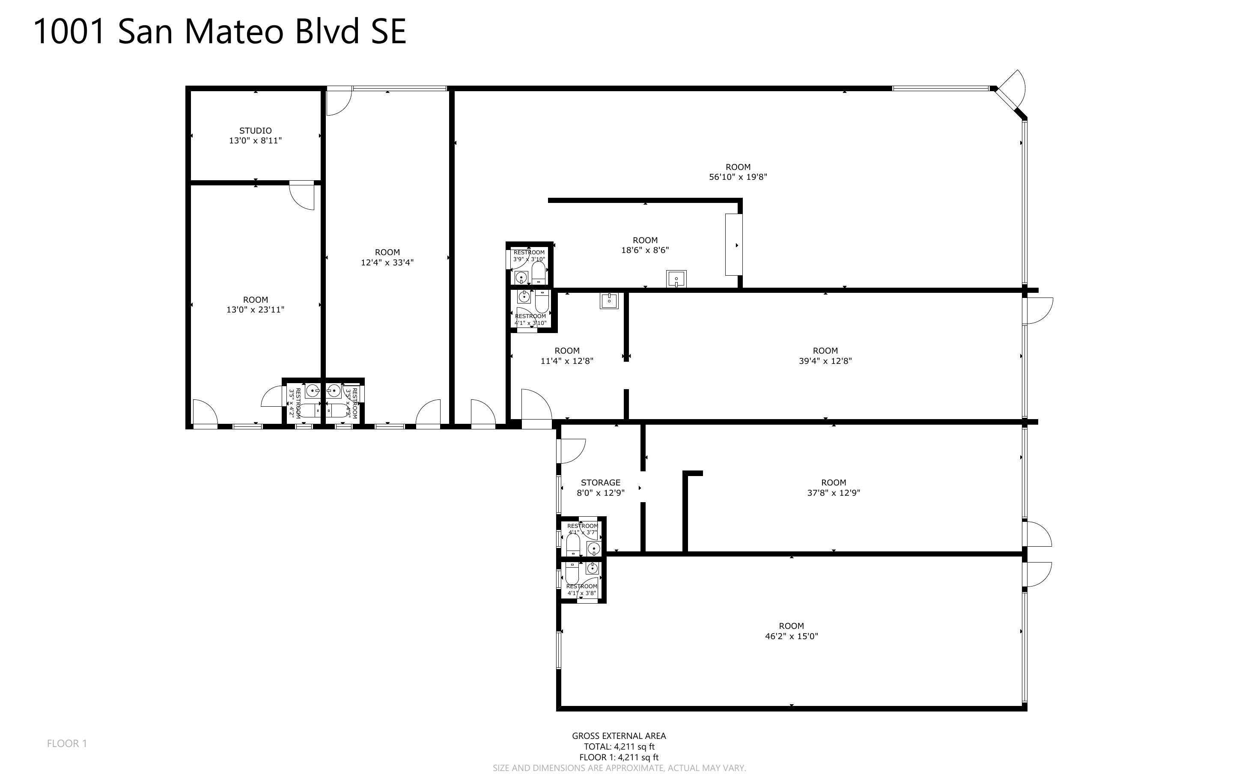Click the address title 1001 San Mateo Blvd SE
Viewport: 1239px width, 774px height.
click(220, 32)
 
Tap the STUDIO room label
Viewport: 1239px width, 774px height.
click(255, 131)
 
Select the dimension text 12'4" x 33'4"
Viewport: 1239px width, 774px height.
click(387, 262)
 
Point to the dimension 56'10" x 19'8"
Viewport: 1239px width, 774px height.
click(738, 177)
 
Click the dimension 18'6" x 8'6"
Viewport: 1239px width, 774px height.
click(645, 250)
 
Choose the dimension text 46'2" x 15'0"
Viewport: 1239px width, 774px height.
click(791, 636)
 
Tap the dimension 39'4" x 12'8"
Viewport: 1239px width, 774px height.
click(825, 361)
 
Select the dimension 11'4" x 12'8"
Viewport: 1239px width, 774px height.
click(566, 361)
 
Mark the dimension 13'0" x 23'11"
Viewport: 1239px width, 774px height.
click(255, 310)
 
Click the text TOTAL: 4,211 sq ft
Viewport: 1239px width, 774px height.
click(619, 746)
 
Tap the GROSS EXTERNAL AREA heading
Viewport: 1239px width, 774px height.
click(619, 735)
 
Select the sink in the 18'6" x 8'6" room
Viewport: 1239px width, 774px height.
click(676, 280)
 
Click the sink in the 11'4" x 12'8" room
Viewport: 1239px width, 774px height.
click(609, 301)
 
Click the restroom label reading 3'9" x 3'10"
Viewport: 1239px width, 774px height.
click(529, 259)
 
